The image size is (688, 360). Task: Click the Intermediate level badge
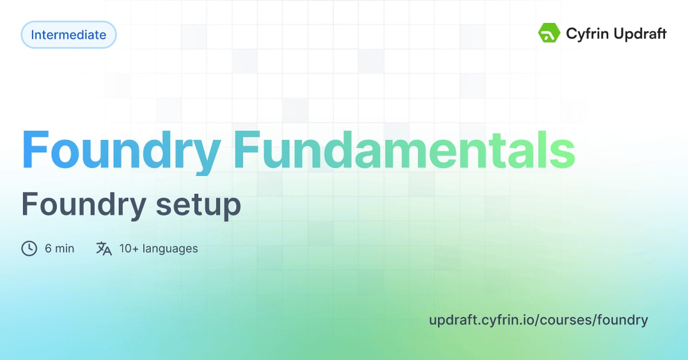click(x=68, y=35)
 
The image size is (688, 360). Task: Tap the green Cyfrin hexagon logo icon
click(x=549, y=33)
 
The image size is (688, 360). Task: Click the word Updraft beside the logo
click(x=640, y=34)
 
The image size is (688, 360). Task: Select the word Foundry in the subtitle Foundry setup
click(x=81, y=205)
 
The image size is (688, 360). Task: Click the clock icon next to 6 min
click(x=29, y=248)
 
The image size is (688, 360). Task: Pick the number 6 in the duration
click(x=48, y=248)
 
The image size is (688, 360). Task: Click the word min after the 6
click(x=65, y=248)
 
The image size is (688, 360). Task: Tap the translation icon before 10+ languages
click(x=104, y=248)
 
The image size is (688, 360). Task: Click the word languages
click(x=170, y=249)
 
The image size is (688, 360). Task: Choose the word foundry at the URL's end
click(x=623, y=320)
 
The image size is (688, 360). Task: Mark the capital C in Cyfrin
click(x=572, y=34)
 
